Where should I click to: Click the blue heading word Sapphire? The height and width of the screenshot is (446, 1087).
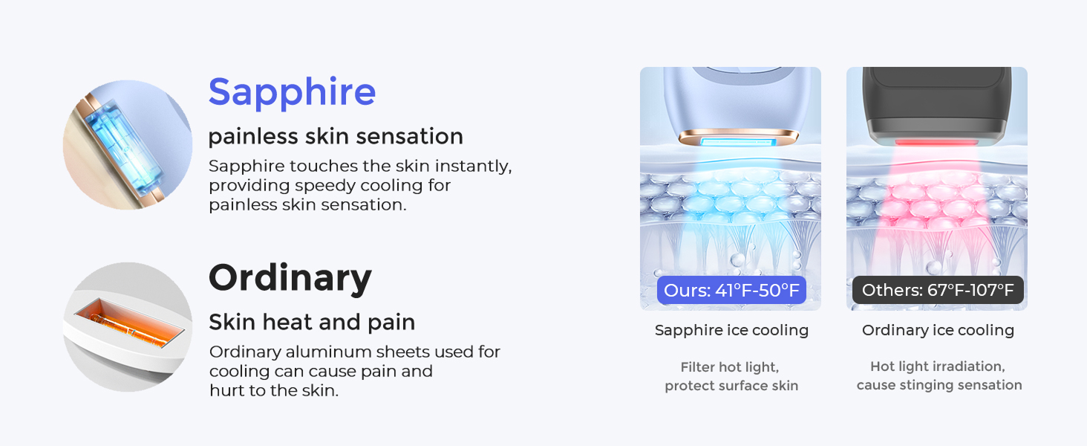point(292,92)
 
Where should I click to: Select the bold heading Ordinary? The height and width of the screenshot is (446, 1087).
point(290,278)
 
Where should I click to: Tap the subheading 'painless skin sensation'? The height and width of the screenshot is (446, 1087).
point(336,137)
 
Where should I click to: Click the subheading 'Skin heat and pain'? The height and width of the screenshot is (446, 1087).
point(312,322)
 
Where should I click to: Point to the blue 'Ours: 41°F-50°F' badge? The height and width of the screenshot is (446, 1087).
point(731,290)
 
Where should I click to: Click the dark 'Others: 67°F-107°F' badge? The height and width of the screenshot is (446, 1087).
point(938,290)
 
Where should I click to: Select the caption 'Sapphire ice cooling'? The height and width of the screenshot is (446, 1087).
point(731,330)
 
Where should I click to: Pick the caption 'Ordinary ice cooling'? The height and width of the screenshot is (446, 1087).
point(938,330)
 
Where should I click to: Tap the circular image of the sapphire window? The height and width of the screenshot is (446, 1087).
point(128,145)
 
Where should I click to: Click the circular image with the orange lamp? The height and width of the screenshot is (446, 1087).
point(128,327)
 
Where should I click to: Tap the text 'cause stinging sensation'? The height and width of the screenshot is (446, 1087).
point(939,385)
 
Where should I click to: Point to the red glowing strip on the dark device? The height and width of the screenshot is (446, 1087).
point(936,141)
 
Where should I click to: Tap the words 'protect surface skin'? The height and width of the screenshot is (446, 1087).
point(731,385)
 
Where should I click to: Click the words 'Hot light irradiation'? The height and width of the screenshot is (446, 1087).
point(938,367)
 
